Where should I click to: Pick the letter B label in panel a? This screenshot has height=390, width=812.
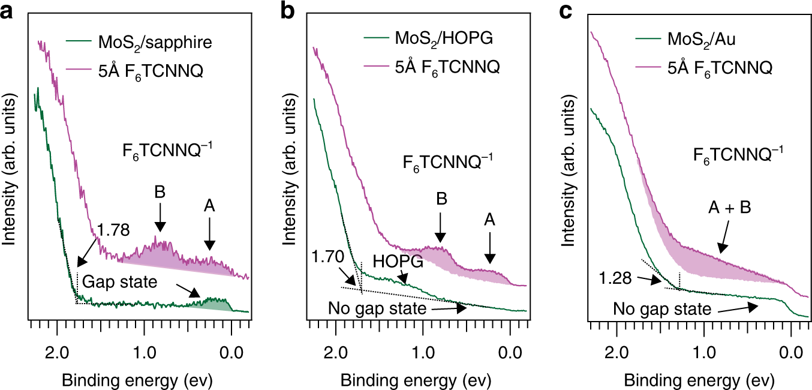click(160, 194)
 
